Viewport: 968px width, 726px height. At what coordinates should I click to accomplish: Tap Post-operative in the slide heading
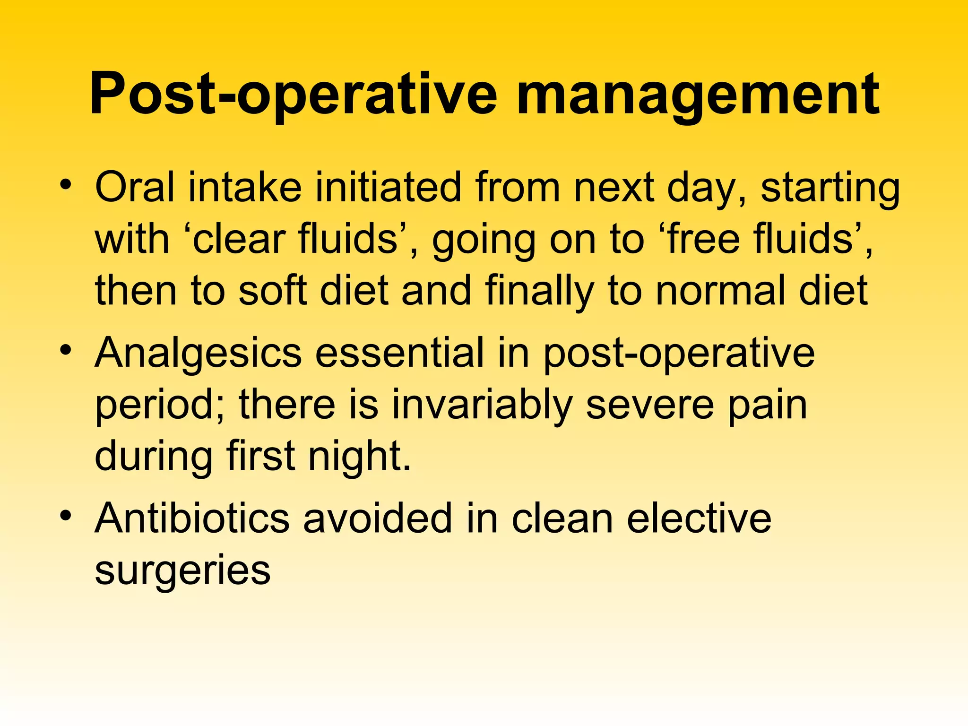coord(293,95)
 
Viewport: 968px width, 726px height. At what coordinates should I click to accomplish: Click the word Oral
coord(135,187)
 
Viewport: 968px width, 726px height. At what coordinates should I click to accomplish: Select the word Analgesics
coord(198,354)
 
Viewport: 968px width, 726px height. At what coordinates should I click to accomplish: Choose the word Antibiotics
coord(192,519)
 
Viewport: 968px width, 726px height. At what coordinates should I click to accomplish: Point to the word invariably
coord(482,405)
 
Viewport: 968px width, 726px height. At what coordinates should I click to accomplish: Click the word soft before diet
coord(273,290)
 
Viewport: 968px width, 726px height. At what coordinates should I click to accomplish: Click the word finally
coord(539,291)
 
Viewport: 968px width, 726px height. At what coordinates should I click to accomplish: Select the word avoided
coord(377,519)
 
